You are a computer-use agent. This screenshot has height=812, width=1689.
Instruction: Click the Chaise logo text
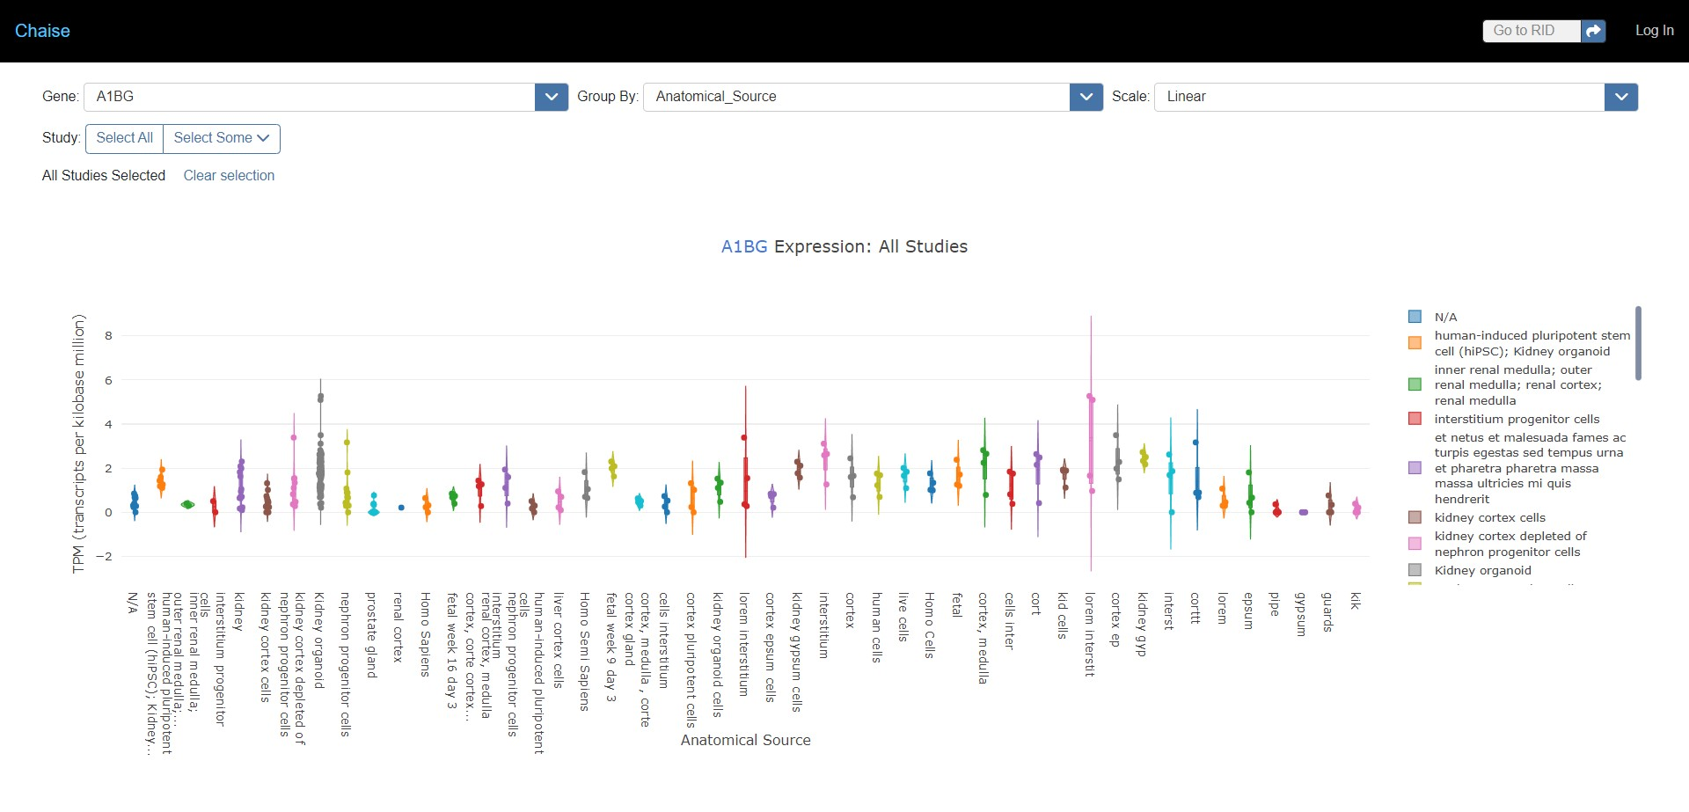pos(42,31)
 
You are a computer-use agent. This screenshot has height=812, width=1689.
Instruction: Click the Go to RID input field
pos(1531,31)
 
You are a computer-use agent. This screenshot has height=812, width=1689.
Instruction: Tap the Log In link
pos(1654,31)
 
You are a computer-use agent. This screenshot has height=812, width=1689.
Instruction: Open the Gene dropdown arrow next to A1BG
pos(551,97)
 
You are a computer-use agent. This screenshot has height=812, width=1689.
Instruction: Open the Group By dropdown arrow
pos(1086,97)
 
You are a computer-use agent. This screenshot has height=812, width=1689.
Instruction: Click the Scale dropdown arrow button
pos(1620,97)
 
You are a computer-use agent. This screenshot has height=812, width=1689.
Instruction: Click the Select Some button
pos(221,138)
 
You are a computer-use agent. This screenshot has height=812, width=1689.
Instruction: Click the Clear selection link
pos(229,176)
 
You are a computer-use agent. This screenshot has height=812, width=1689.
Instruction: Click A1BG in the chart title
pos(744,247)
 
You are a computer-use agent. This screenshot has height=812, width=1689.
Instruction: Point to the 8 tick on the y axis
pos(109,335)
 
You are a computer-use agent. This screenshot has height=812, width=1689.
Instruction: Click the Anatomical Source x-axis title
pos(745,740)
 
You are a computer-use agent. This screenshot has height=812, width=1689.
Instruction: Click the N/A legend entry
pos(1445,317)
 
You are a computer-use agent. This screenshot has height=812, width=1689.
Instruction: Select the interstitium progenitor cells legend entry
pos(1517,419)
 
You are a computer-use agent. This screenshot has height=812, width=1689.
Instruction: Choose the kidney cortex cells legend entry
pos(1489,517)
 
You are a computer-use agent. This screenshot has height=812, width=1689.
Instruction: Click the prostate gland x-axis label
pos(371,633)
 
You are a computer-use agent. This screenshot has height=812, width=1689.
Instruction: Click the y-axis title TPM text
pos(79,444)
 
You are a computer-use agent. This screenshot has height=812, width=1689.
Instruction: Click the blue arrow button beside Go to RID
pos(1593,31)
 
